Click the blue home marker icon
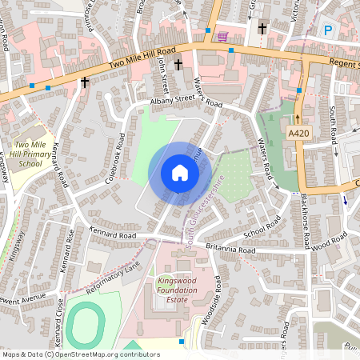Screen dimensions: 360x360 (x=180, y=173)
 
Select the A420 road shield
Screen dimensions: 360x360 (x=298, y=133)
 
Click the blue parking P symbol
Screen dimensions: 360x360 (x=328, y=31)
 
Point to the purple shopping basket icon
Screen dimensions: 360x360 (x=222, y=36)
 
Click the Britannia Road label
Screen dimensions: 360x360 (x=230, y=250)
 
